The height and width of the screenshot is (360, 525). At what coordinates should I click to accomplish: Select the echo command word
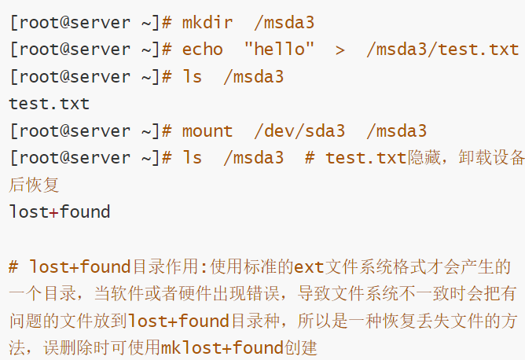click(202, 49)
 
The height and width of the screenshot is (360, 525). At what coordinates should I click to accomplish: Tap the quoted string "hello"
click(279, 49)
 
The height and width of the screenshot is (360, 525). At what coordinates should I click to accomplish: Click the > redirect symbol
click(340, 49)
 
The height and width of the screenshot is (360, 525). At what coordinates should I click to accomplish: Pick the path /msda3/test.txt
click(442, 49)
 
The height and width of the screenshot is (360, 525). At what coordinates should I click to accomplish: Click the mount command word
click(207, 130)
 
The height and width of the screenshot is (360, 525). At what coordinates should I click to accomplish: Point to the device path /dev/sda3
click(299, 130)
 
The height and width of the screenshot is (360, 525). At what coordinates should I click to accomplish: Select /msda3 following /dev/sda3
click(397, 130)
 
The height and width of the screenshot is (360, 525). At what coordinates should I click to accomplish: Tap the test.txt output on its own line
click(50, 103)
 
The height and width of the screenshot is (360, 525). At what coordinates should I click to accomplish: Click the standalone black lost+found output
click(60, 211)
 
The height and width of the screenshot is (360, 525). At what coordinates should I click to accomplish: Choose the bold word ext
click(309, 266)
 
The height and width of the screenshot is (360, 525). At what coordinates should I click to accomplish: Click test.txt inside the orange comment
click(366, 158)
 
